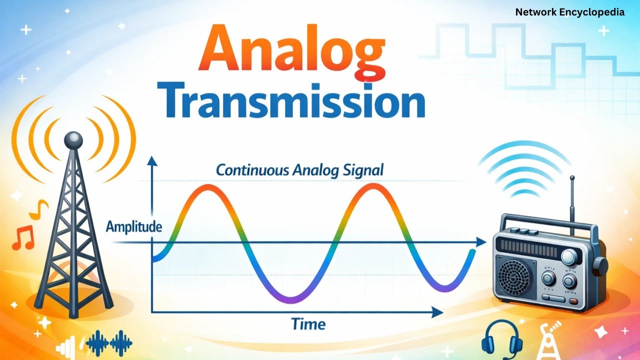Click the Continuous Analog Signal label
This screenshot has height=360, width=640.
click(x=299, y=170)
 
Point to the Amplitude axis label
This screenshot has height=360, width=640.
click(x=133, y=227)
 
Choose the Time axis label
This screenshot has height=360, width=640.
click(x=308, y=324)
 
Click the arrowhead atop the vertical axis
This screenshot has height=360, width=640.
click(x=152, y=161)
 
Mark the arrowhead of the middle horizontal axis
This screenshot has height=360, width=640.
click(x=480, y=242)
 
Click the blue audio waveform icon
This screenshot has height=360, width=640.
click(x=109, y=342)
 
